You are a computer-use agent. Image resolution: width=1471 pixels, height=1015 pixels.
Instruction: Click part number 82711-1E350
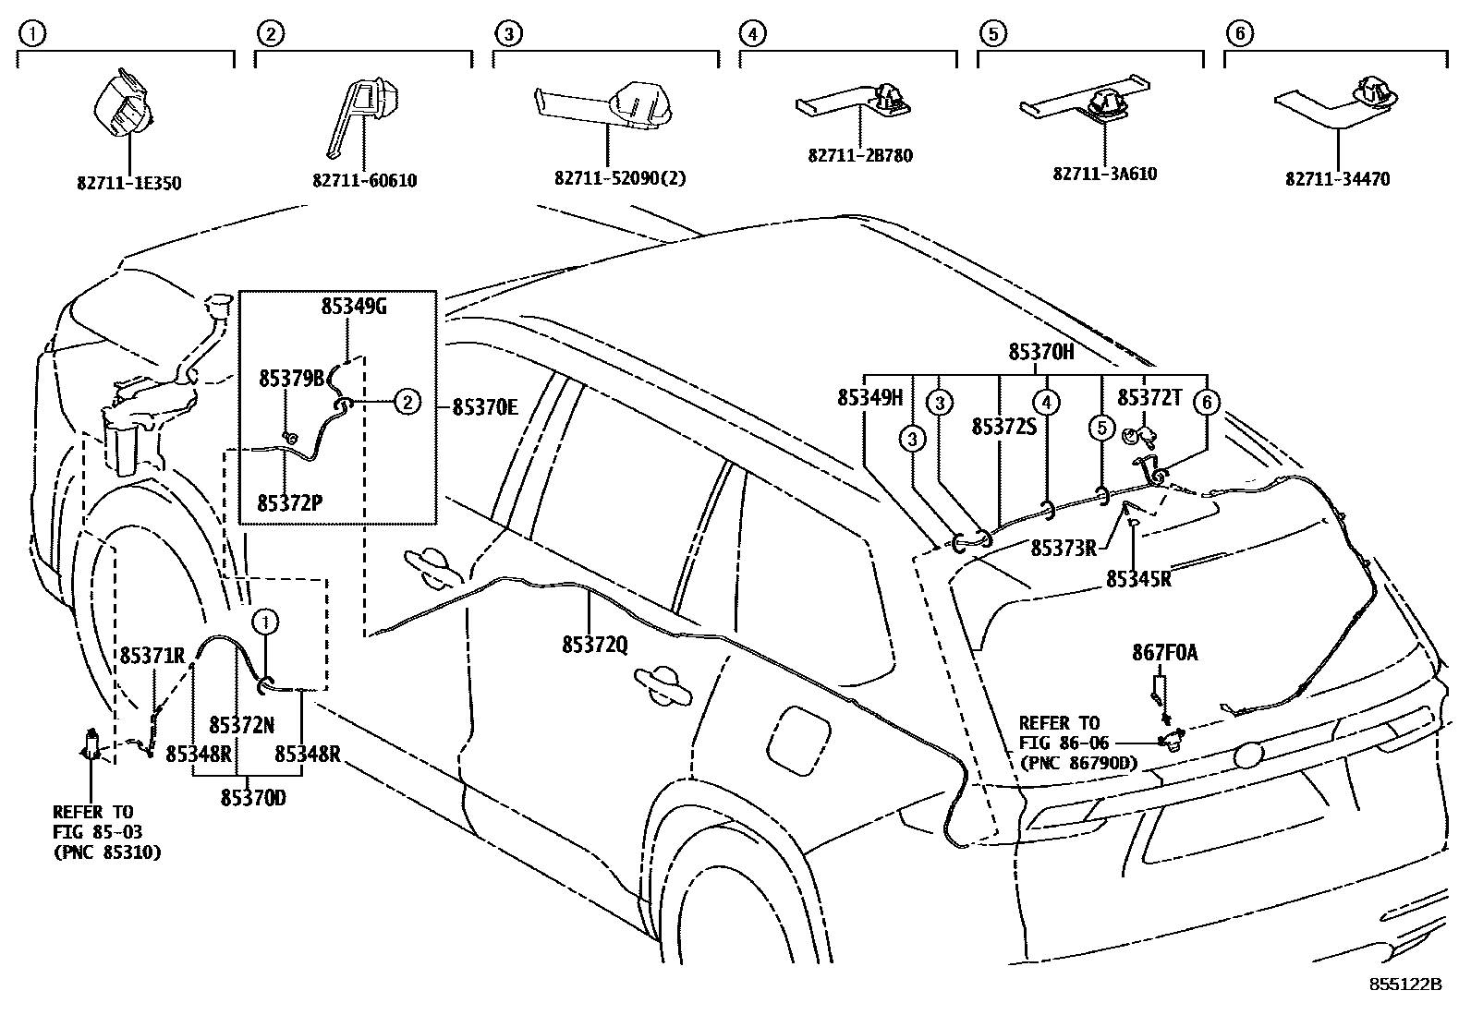pos(128,183)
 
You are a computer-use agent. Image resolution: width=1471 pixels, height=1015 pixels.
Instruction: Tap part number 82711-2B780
pos(859,155)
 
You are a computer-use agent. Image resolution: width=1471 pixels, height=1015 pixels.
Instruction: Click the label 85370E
pos(485,406)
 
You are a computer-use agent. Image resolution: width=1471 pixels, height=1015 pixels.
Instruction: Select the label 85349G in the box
pos(354,307)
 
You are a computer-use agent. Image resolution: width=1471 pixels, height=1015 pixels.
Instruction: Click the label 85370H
pos(1041,352)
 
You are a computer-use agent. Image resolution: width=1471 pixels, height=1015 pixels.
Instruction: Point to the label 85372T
pos(1149,397)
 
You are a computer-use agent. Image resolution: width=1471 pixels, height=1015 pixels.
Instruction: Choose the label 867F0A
pos(1164,653)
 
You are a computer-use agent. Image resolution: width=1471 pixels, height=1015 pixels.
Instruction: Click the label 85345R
pos(1138,579)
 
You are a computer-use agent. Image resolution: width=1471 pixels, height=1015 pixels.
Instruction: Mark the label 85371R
pos(152,656)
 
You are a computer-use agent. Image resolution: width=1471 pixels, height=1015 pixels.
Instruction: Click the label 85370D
pos(252,797)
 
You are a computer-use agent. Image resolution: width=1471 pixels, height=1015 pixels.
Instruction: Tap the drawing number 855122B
pos(1405,985)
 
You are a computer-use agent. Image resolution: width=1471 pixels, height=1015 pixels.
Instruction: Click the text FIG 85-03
pos(98,832)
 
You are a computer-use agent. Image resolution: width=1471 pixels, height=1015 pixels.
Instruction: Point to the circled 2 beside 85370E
pos(407,401)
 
